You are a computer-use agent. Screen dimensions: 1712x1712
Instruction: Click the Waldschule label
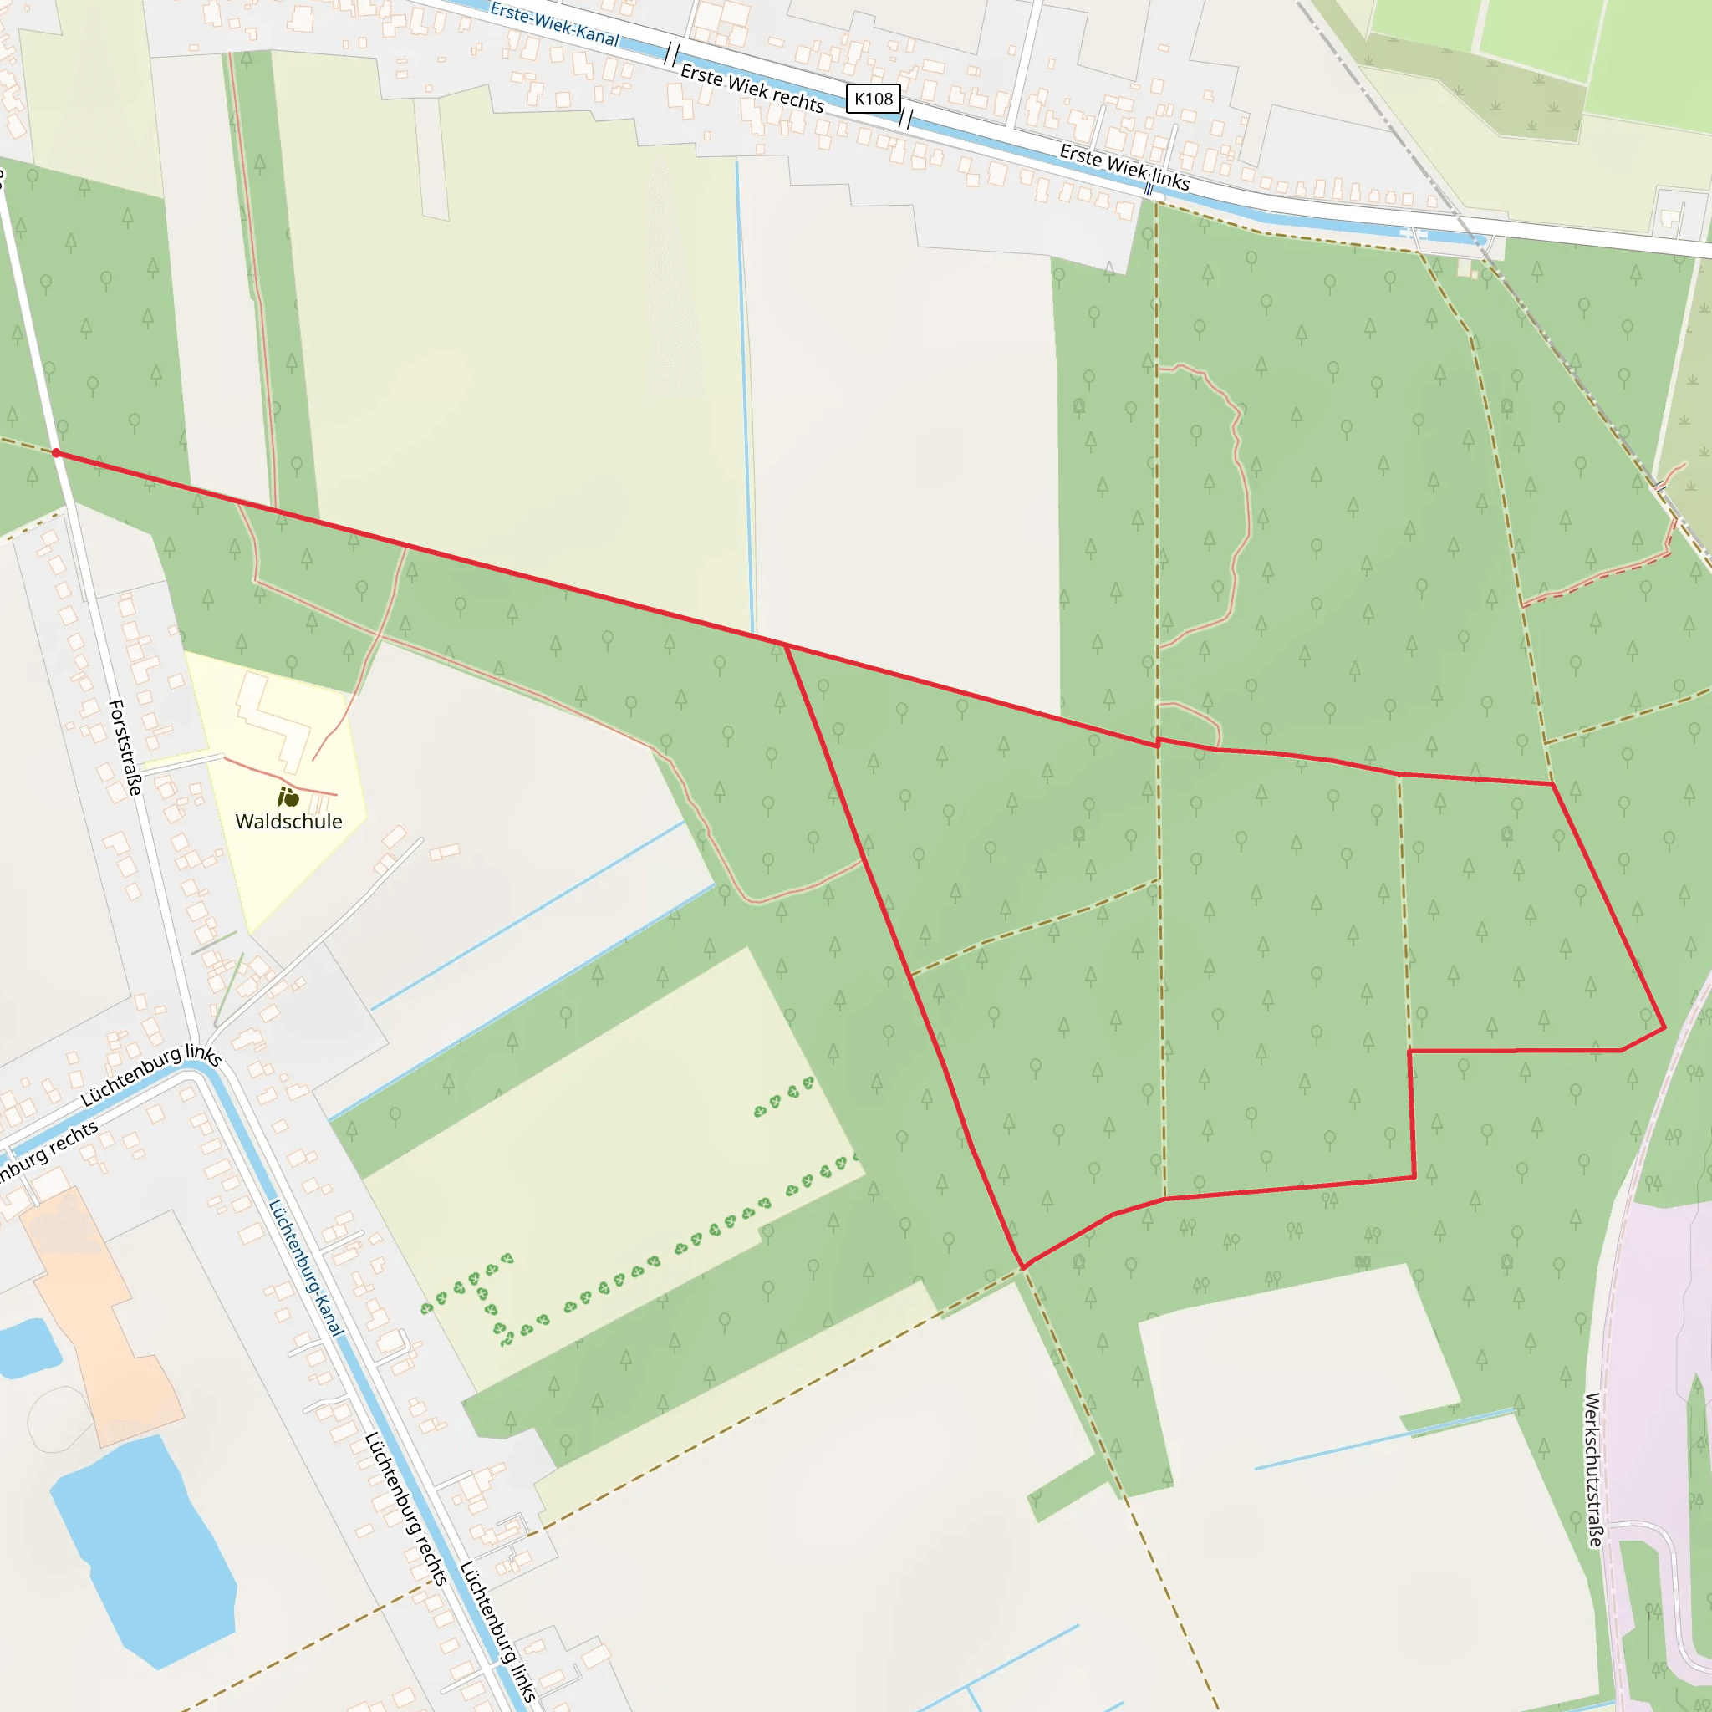coord(288,822)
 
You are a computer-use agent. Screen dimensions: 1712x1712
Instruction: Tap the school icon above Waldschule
coord(288,797)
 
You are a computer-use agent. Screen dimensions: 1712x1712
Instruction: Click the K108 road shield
coord(873,99)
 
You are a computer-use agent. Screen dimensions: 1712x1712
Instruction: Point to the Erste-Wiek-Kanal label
coord(554,24)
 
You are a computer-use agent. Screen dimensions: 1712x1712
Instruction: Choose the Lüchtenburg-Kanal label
coord(305,1267)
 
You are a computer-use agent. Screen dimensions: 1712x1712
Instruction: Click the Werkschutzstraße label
coord(1592,1470)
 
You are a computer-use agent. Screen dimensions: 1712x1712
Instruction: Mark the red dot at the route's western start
coord(57,453)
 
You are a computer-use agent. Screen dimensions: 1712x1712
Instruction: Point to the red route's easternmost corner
coord(1665,1028)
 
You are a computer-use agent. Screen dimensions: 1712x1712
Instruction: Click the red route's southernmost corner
coord(1023,1267)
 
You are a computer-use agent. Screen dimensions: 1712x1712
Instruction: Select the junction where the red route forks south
coord(786,647)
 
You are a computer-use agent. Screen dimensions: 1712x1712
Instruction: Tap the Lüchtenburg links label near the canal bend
coord(150,1075)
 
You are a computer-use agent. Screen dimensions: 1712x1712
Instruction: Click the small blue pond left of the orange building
coord(27,1347)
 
